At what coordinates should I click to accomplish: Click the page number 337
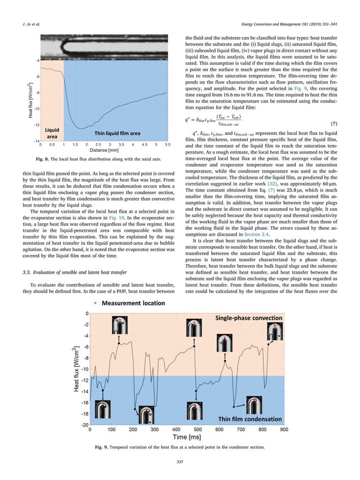click(180, 463)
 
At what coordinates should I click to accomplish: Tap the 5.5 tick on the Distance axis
click(167, 145)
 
